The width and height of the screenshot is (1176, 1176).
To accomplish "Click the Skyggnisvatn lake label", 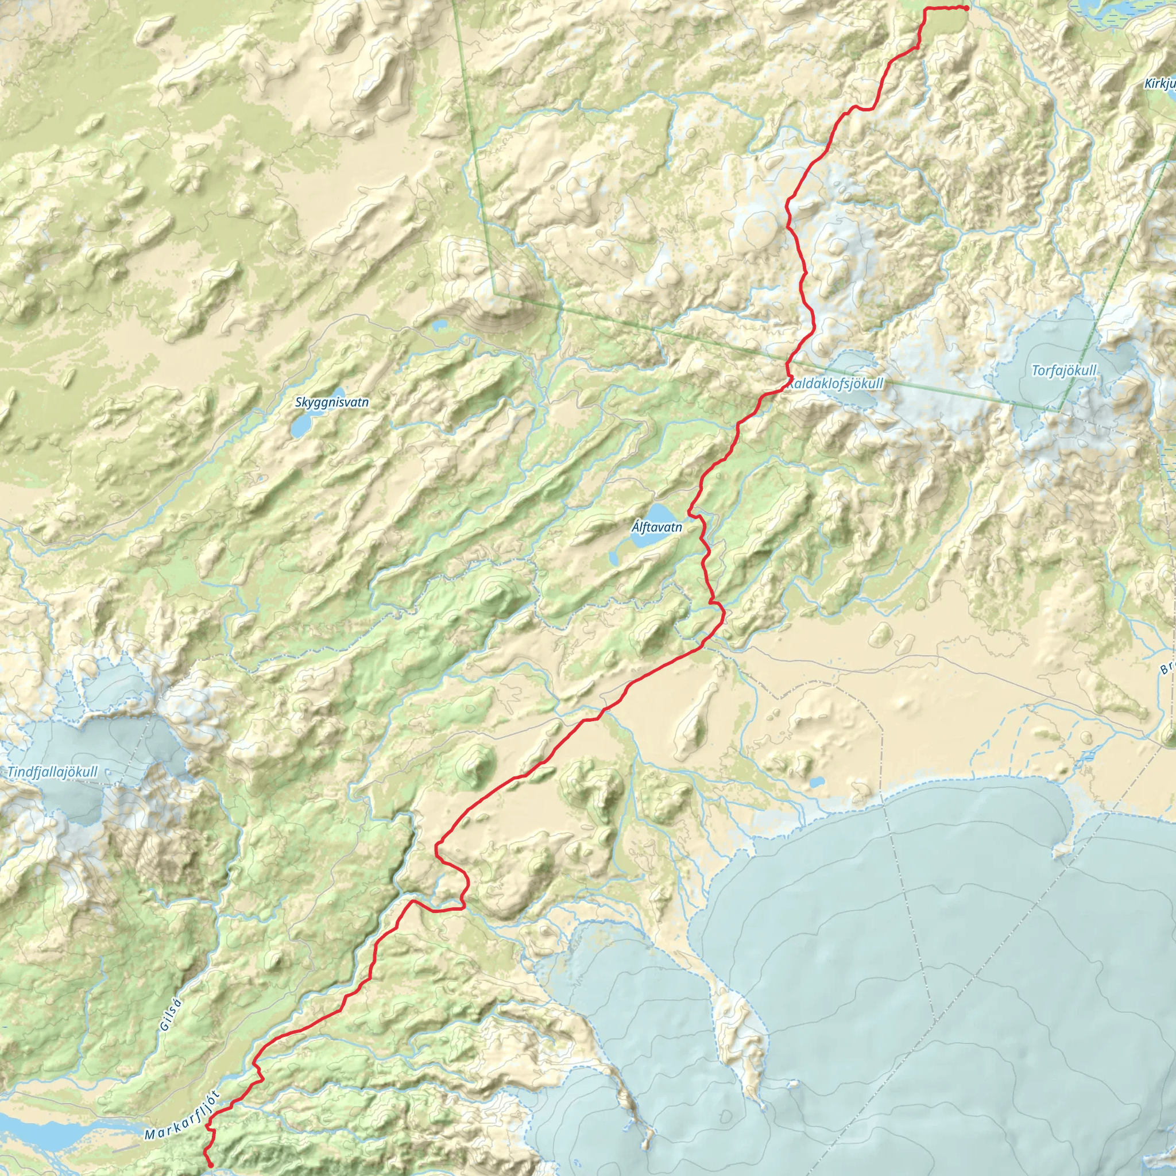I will (x=332, y=403).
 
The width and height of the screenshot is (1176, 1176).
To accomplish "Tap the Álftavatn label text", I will (x=657, y=527).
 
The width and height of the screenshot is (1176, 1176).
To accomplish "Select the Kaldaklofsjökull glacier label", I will (x=835, y=384).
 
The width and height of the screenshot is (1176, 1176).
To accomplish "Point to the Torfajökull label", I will (x=1064, y=371).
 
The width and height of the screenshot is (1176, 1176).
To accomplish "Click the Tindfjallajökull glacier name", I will (x=52, y=772).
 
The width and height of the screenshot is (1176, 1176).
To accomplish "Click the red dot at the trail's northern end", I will (x=966, y=8).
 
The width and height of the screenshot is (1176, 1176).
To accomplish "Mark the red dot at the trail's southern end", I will (x=211, y=1165).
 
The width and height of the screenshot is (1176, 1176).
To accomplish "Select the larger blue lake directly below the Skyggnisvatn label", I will (x=300, y=427).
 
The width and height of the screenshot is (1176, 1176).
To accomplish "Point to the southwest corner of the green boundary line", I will (x=495, y=294).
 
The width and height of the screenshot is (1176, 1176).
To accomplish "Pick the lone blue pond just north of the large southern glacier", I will (x=817, y=781).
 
